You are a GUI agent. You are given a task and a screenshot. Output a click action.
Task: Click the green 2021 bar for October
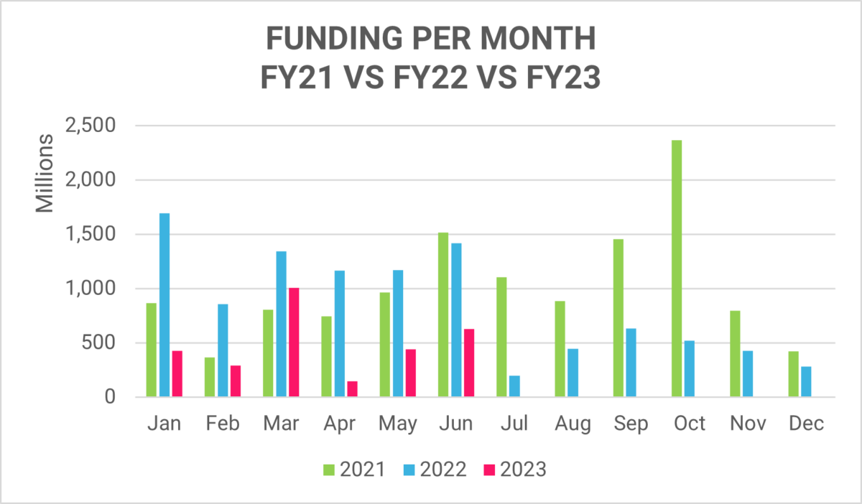(676, 269)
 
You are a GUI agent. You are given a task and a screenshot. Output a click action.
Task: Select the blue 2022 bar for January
(164, 305)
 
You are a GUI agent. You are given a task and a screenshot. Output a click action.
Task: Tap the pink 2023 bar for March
(294, 342)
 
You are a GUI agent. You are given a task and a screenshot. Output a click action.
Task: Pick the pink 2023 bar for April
(352, 388)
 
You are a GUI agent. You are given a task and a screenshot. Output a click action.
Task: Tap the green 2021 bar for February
(210, 377)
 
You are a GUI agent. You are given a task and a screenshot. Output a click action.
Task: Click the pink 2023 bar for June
(469, 363)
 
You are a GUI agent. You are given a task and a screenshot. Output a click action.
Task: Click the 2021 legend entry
(353, 470)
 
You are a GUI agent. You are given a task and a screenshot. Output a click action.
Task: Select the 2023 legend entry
(514, 470)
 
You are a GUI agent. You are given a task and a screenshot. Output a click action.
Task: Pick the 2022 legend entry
(433, 470)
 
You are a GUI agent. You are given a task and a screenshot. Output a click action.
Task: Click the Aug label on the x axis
(573, 424)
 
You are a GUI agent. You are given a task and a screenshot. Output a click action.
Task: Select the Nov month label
(747, 424)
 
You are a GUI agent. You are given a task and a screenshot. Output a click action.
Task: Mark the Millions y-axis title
(45, 172)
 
